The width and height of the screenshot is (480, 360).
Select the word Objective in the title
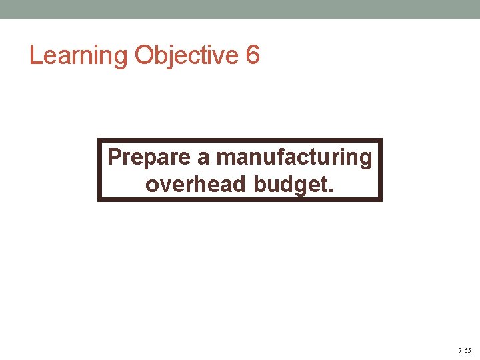pyautogui.click(x=186, y=55)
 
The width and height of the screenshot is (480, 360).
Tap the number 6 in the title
pyautogui.click(x=253, y=55)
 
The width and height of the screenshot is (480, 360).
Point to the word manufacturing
pyautogui.click(x=295, y=158)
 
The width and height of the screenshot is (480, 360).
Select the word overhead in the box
pyautogui.click(x=196, y=183)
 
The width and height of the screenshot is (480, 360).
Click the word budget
pyautogui.click(x=291, y=183)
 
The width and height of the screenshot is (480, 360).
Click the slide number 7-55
pyautogui.click(x=464, y=350)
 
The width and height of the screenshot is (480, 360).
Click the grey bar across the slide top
pyautogui.click(x=240, y=9)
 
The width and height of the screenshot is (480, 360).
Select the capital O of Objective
pyautogui.click(x=145, y=55)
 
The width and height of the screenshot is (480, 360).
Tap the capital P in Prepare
pyautogui.click(x=114, y=157)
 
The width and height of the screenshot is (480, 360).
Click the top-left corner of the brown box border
pyautogui.click(x=99, y=140)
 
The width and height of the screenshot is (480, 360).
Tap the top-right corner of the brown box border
pyautogui.click(x=381, y=140)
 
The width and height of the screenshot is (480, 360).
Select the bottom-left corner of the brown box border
pyautogui.click(x=99, y=199)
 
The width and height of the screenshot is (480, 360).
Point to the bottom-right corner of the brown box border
pyautogui.click(x=381, y=199)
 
